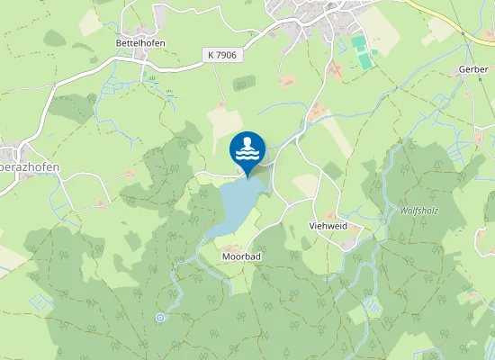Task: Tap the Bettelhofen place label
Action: (138, 42)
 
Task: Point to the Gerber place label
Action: (472, 69)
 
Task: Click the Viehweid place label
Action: (328, 227)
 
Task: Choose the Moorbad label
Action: (241, 256)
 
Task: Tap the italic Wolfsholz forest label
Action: (418, 210)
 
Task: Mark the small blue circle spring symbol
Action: (160, 317)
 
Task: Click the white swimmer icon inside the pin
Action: (247, 144)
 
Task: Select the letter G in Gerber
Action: (461, 69)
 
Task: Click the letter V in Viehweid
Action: (311, 227)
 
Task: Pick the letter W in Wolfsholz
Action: (402, 210)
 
